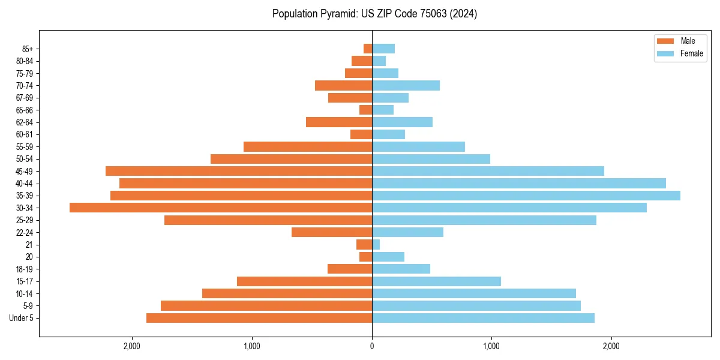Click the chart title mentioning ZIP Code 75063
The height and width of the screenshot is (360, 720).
click(374, 14)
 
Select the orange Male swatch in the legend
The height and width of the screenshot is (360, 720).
click(665, 41)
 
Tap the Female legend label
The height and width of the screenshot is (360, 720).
click(691, 53)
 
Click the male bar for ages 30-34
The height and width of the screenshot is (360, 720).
click(221, 208)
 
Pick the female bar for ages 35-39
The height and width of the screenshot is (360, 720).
click(526, 196)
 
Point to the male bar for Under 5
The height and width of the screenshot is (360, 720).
click(259, 318)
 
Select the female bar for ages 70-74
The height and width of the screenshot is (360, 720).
click(406, 85)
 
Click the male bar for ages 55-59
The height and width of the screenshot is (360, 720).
click(308, 146)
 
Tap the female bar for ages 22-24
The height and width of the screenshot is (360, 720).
click(407, 232)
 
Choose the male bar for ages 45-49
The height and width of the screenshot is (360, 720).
click(239, 171)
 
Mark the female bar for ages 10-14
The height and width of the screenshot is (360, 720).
click(474, 293)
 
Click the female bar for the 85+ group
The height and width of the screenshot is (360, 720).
click(383, 49)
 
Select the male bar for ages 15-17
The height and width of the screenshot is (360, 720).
click(304, 281)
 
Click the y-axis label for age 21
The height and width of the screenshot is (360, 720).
click(29, 245)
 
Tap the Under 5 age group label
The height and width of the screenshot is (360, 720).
click(21, 318)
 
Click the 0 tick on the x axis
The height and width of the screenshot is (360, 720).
click(372, 346)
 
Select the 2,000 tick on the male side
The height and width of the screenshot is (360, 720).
click(132, 346)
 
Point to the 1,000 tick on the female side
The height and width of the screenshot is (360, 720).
click(491, 346)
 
